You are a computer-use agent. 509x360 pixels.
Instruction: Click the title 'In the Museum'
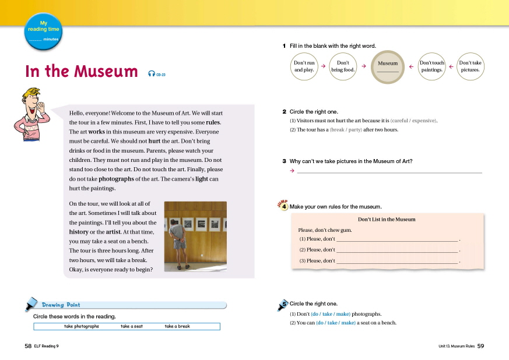(x=81, y=71)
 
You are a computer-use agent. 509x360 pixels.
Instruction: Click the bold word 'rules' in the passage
(x=213, y=122)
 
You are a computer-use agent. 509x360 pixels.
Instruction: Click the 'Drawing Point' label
(x=61, y=305)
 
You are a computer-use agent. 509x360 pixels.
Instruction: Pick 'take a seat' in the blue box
(x=132, y=327)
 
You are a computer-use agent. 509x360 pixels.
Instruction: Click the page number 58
(x=27, y=345)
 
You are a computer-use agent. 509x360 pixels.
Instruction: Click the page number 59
(x=481, y=346)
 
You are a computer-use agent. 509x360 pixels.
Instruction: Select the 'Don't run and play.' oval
(x=304, y=66)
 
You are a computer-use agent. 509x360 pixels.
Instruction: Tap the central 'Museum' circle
(x=388, y=66)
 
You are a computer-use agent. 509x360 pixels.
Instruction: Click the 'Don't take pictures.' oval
(x=470, y=66)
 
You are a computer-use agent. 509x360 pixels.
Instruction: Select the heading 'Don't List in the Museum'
(x=387, y=220)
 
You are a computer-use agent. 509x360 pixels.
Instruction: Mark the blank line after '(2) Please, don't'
(x=398, y=250)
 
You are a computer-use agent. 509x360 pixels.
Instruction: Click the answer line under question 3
(x=389, y=172)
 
